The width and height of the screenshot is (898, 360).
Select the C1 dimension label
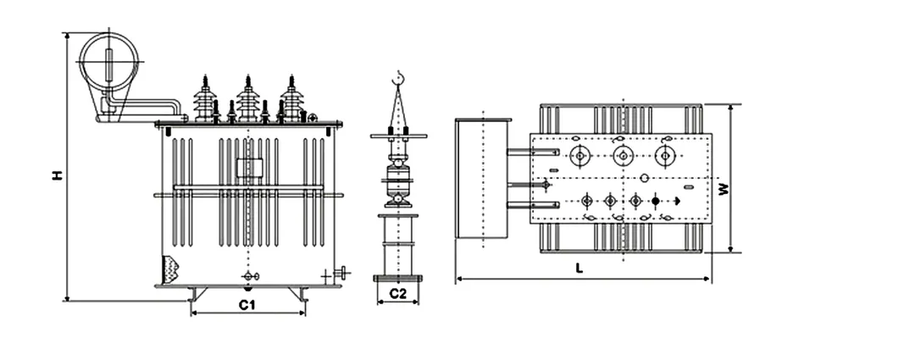pos(247,303)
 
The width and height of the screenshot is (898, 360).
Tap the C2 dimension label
pos(397,294)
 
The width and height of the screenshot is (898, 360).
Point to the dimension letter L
pos(579,268)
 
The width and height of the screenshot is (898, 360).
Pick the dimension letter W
pos(723,189)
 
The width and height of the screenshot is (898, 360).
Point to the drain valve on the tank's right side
pos(341,273)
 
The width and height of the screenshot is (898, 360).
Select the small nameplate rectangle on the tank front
pos(246,168)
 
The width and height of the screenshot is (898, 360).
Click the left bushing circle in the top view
pos(579,156)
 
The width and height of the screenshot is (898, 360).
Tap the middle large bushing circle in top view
pos(623,156)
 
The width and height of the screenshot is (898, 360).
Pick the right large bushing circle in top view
pos(666,156)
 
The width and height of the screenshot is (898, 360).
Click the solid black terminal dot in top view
pos(655,201)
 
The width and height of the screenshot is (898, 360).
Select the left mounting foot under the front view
pos(197,293)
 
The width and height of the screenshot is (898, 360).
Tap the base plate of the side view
pos(397,277)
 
